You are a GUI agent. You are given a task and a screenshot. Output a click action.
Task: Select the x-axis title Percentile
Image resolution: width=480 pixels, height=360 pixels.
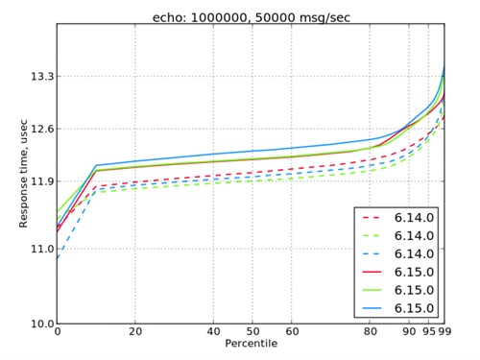tap(252, 343)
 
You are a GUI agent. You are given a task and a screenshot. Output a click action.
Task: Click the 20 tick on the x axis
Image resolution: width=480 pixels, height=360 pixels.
tap(135, 332)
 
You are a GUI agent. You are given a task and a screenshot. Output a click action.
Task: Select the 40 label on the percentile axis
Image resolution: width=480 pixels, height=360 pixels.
tap(213, 332)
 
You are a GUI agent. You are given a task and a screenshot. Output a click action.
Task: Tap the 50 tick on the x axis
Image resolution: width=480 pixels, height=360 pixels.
tap(252, 332)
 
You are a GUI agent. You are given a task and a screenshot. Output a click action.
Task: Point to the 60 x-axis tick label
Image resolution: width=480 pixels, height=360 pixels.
tap(291, 332)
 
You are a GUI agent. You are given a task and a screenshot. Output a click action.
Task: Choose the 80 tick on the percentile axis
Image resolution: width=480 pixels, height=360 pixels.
tap(369, 332)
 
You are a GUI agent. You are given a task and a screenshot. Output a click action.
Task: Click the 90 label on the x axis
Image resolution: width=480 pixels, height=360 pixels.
tap(408, 332)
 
